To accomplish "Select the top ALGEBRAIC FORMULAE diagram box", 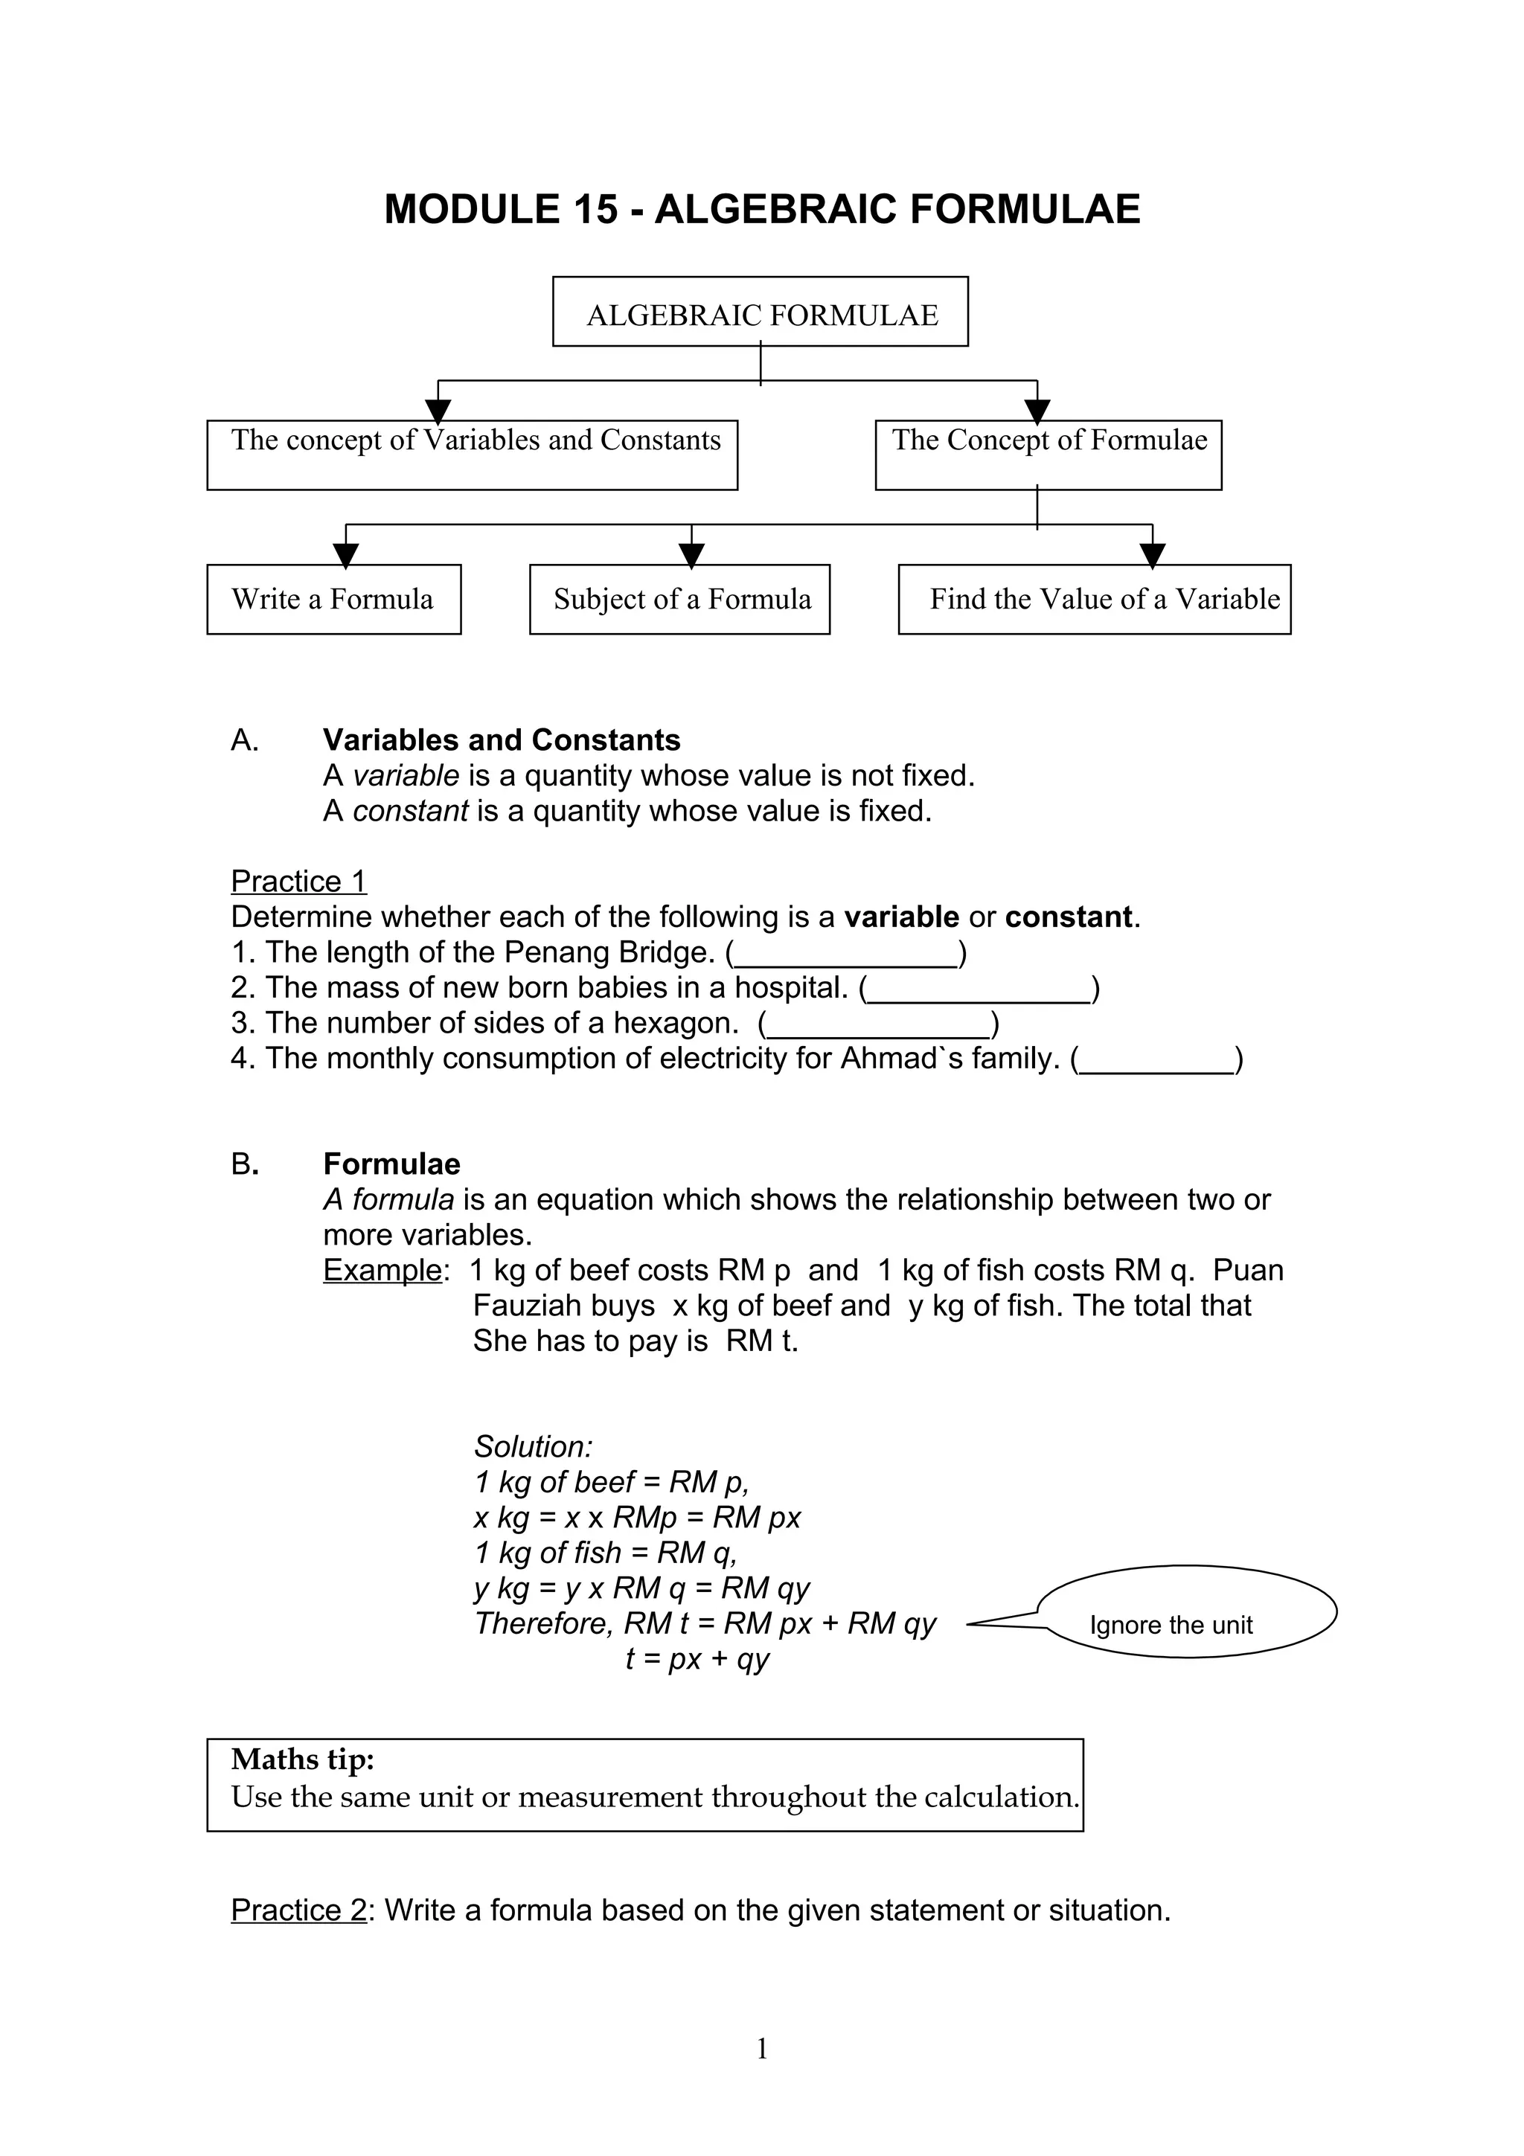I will (760, 312).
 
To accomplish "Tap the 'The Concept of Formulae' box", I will (1048, 455).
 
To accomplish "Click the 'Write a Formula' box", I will (333, 599).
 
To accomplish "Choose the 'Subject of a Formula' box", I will (680, 599).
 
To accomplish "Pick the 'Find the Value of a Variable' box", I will (1094, 599).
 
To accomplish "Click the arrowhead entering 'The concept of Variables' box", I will (438, 411).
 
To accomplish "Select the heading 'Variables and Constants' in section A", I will (502, 740).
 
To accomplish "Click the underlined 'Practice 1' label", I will (298, 881).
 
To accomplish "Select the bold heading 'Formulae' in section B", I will (391, 1164).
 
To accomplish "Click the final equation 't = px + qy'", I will (697, 1659).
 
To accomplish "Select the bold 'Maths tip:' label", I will (302, 1759).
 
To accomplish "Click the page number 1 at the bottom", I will (761, 2049).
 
